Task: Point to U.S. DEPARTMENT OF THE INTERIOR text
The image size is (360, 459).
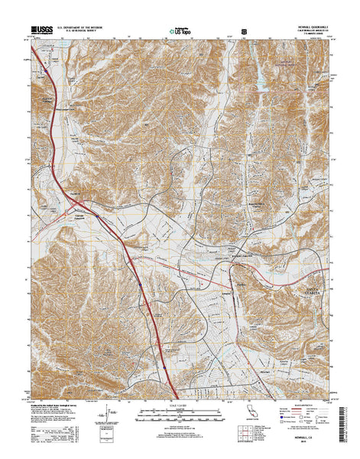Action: (x=84, y=27)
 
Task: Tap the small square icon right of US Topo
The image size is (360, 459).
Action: (x=244, y=31)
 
